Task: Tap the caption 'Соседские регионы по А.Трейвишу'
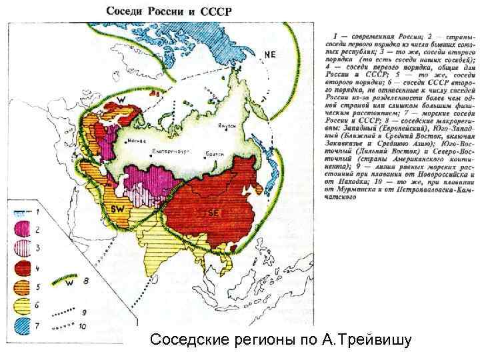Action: coord(281,341)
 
